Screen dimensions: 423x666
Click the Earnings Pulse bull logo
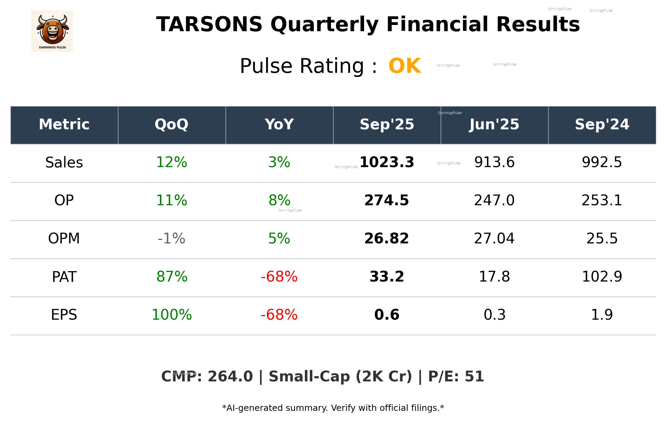tap(52, 31)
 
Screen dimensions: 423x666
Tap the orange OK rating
tap(404, 66)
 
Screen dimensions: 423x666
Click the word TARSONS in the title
tap(209, 25)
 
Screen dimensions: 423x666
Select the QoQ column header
tap(171, 124)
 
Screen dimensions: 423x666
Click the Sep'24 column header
tap(602, 124)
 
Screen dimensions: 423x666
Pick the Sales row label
tap(64, 162)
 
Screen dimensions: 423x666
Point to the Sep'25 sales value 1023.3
tap(387, 162)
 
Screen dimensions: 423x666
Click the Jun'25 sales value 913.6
tap(494, 162)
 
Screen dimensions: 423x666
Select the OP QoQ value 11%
tap(171, 200)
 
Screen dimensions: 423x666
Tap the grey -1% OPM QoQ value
tap(171, 239)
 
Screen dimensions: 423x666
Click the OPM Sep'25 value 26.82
tap(387, 239)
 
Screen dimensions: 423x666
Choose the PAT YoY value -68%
tap(279, 277)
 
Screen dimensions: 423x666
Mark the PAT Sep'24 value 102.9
tap(602, 277)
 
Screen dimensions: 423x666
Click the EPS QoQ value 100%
tap(171, 315)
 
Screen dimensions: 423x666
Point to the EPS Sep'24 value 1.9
tap(602, 315)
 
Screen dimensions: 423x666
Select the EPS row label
tap(64, 315)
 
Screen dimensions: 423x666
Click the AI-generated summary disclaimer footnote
tap(333, 408)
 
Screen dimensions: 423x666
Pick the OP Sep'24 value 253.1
tap(602, 200)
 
